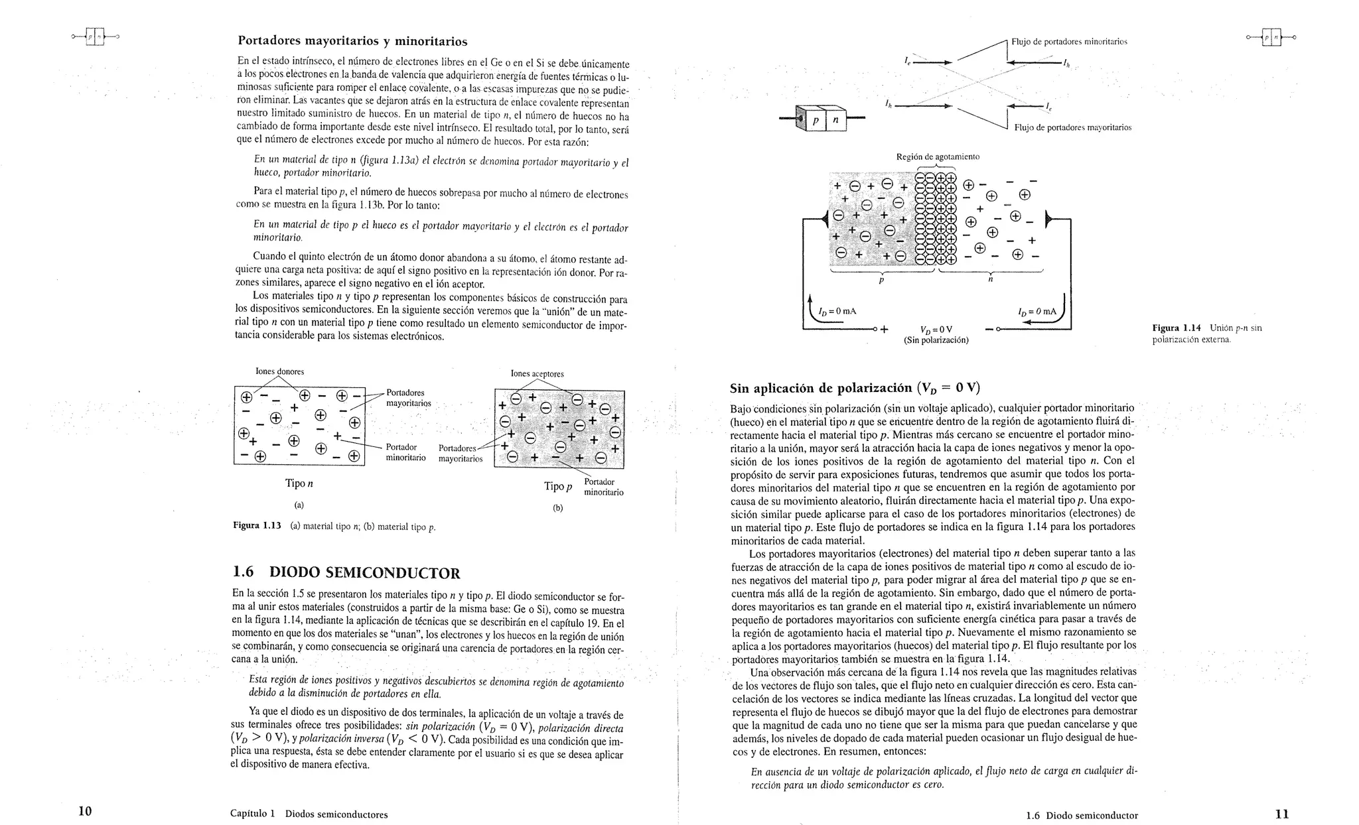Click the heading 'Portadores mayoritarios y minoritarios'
click(x=352, y=42)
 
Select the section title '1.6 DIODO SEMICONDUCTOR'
click(x=346, y=572)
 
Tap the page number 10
click(x=85, y=812)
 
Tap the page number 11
click(x=1281, y=814)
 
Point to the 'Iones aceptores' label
click(x=537, y=373)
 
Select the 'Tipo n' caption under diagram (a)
click(x=299, y=483)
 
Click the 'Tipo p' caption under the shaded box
click(x=557, y=487)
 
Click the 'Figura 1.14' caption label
click(x=1177, y=328)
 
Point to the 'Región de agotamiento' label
click(x=937, y=157)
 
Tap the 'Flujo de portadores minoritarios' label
click(x=1069, y=42)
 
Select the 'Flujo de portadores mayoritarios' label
click(x=1072, y=127)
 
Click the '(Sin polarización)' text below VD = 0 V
click(x=936, y=340)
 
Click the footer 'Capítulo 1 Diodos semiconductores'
click(x=309, y=814)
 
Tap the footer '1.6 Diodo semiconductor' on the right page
click(x=1082, y=816)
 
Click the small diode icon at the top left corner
click(x=95, y=38)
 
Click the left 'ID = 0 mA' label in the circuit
click(x=837, y=311)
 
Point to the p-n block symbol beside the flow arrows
click(x=824, y=119)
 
